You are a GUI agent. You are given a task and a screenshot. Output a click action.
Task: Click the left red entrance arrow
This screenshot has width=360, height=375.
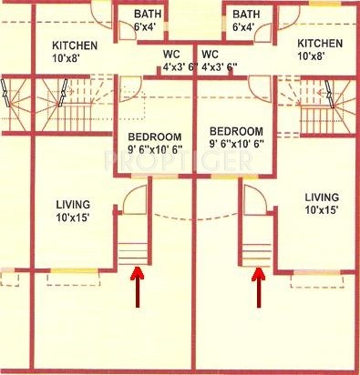tap(138, 283)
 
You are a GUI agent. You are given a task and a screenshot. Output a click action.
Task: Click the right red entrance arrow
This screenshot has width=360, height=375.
tap(257, 283)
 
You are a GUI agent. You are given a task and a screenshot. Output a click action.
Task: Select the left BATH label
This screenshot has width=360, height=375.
tap(148, 15)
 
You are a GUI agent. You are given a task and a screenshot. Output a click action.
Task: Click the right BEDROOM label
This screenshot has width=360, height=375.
tap(236, 131)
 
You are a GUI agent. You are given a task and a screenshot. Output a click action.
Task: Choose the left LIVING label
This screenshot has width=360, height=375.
tap(74, 204)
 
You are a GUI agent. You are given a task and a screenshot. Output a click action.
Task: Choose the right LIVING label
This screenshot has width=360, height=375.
tap(322, 198)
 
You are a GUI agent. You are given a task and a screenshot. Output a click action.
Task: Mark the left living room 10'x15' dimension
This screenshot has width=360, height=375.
tap(74, 218)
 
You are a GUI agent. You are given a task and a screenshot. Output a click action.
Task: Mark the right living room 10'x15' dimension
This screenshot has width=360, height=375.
tap(322, 211)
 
